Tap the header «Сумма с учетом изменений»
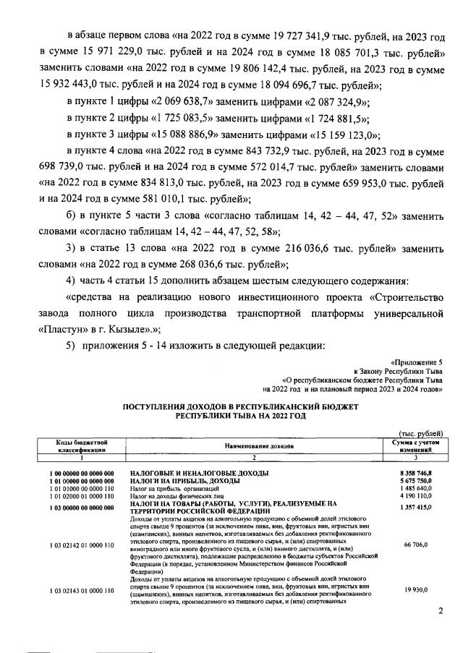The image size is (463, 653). point(412,444)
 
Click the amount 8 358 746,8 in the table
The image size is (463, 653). point(417,471)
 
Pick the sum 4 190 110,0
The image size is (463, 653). point(417,495)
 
